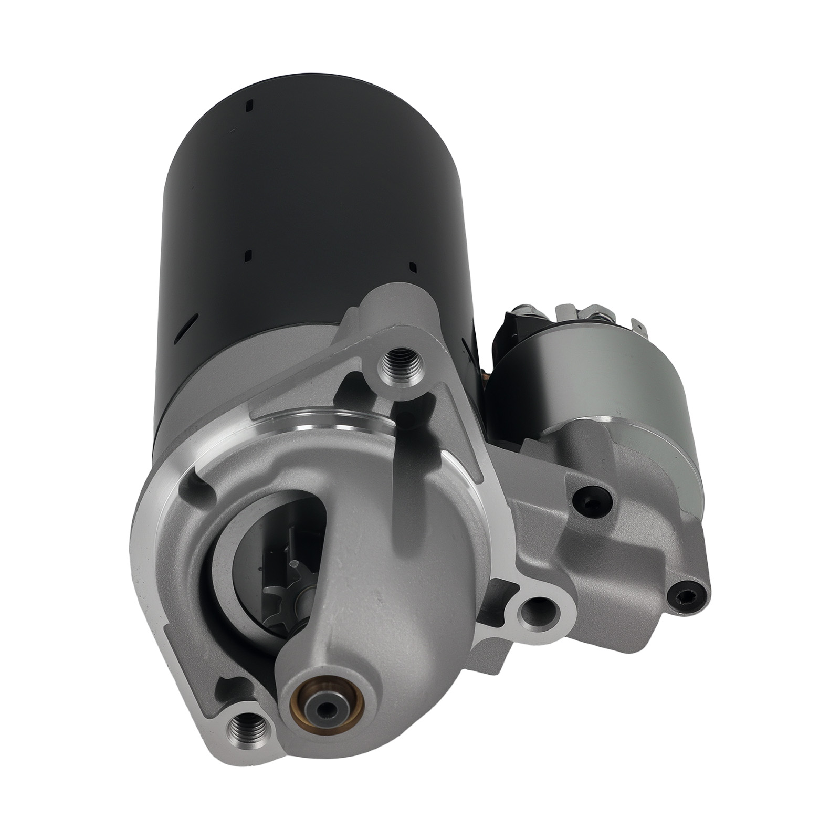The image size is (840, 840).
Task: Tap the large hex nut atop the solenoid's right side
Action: click(598, 316)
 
